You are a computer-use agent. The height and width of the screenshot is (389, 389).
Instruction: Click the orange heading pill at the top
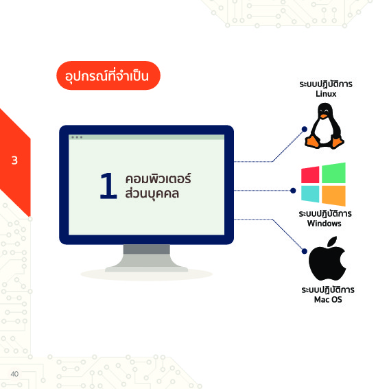click(x=108, y=75)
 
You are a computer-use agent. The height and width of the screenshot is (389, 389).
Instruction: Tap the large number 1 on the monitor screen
click(x=108, y=186)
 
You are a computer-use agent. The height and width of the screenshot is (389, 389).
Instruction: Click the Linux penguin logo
click(x=325, y=126)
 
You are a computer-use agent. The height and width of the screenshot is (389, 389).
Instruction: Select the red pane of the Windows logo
click(x=310, y=175)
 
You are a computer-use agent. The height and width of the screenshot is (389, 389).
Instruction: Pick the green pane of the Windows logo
click(x=333, y=173)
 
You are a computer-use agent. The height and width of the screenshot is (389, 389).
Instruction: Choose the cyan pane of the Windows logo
click(x=310, y=194)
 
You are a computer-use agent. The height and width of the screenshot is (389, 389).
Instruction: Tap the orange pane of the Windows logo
click(x=333, y=196)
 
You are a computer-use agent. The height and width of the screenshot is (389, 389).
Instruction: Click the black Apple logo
click(x=327, y=259)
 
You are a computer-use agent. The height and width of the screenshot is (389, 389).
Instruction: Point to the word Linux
click(x=326, y=94)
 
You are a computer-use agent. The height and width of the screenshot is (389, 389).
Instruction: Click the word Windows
click(x=325, y=223)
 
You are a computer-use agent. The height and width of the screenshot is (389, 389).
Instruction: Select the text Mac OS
click(x=328, y=299)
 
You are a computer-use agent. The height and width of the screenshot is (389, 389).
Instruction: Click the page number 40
click(x=14, y=374)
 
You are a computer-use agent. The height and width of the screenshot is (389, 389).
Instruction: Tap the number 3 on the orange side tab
click(x=14, y=161)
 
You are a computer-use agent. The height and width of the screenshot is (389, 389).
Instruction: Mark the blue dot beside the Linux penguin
click(x=305, y=129)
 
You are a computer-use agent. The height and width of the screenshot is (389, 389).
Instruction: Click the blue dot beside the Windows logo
click(x=293, y=191)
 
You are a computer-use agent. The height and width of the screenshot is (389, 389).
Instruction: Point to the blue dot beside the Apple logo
click(x=305, y=251)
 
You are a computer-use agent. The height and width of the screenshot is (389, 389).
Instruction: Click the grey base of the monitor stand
click(x=146, y=269)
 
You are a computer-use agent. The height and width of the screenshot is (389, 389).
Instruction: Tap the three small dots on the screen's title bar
click(x=77, y=137)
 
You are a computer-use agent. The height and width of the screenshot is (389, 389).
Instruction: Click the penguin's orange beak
click(x=324, y=116)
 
